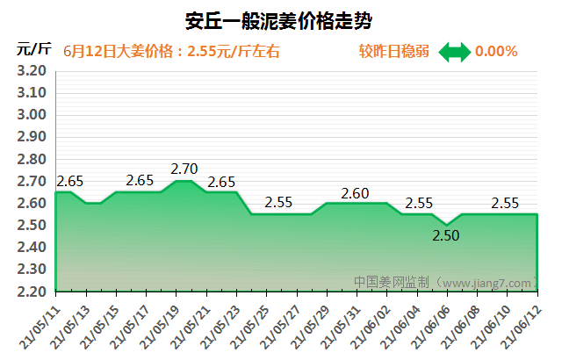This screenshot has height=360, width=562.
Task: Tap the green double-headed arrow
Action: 455,52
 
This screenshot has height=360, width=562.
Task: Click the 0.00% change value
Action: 496,52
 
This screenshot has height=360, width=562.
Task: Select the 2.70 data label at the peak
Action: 184,168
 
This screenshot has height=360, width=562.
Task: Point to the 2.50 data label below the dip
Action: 446,235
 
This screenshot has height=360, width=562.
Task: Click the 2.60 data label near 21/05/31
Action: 355,193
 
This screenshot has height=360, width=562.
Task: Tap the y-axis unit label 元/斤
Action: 34,49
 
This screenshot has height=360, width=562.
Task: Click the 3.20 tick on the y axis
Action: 32,71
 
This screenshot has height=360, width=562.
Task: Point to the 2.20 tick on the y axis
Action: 32,292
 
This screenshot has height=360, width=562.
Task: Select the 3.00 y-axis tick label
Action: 32,115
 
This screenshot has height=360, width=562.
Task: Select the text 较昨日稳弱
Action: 394,52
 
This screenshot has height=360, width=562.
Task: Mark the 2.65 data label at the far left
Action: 69,182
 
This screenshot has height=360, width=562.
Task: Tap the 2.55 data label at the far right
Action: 505,203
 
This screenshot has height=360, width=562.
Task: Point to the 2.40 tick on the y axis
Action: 32,248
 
